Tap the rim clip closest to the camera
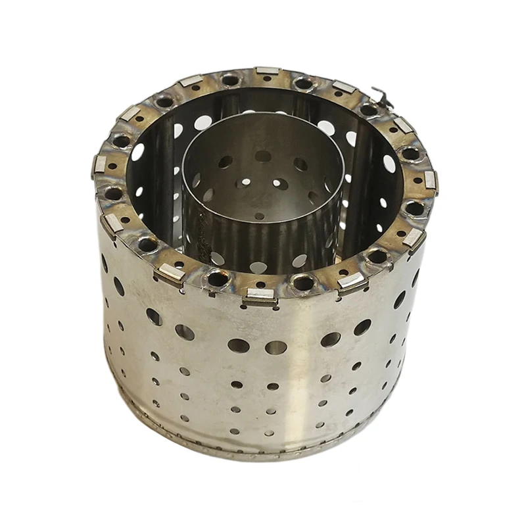pos(259,298)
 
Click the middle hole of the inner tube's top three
pos(263,156)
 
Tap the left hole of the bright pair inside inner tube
pos(245,182)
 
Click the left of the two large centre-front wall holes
pos(238,345)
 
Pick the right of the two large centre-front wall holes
pos(277,347)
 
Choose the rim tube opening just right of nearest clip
pos(303,283)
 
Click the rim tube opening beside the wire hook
pos(369,110)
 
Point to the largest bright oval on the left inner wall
pos(138,152)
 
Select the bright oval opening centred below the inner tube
pos(258,267)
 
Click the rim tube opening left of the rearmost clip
pos(230,80)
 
